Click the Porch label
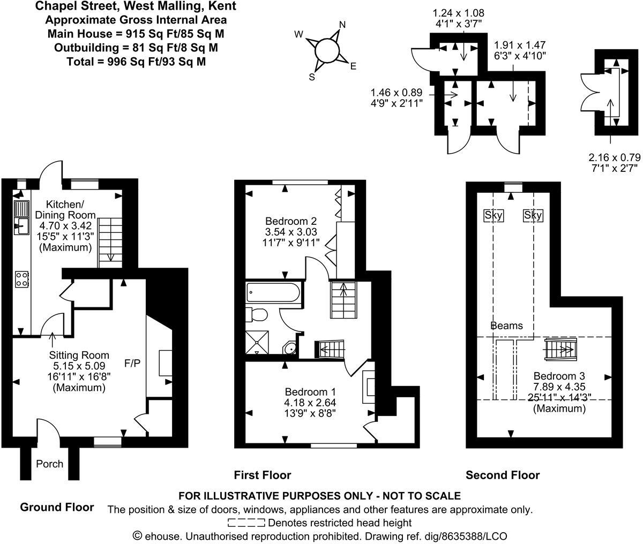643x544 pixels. [x=50, y=464]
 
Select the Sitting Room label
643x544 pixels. [x=79, y=355]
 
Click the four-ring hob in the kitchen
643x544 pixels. [x=22, y=278]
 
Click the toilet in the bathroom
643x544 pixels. [x=255, y=314]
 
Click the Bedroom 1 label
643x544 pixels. [x=310, y=391]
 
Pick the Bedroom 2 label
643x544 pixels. [x=291, y=221]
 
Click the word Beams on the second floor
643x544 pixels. [x=506, y=326]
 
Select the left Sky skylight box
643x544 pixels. [x=494, y=215]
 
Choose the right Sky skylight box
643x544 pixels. [x=533, y=215]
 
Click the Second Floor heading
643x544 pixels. [x=502, y=475]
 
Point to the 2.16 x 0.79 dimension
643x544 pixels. [x=614, y=157]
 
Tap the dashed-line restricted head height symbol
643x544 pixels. [x=246, y=523]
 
